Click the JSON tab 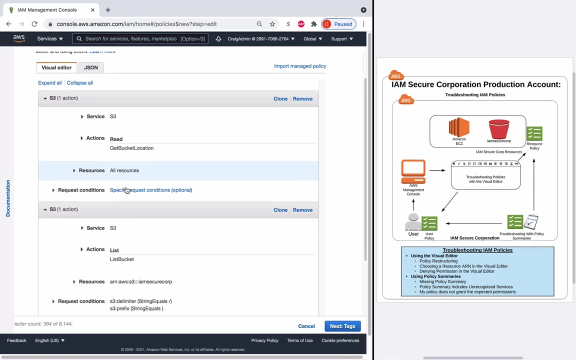[x=91, y=67]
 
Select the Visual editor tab [x=56, y=67]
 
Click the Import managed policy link [x=300, y=66]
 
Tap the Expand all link [x=49, y=83]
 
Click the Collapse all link [x=80, y=83]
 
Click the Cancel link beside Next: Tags [x=306, y=326]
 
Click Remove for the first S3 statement [x=302, y=98]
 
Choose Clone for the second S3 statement [x=280, y=210]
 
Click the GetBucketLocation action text [x=131, y=148]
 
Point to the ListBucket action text [x=122, y=259]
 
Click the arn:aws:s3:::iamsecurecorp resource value [x=141, y=281]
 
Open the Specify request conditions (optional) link [x=151, y=190]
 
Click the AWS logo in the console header [x=19, y=38]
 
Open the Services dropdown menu [x=49, y=38]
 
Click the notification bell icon [x=218, y=38]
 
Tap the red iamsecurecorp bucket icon [x=498, y=129]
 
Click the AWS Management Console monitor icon [x=413, y=171]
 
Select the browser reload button [x=34, y=24]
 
